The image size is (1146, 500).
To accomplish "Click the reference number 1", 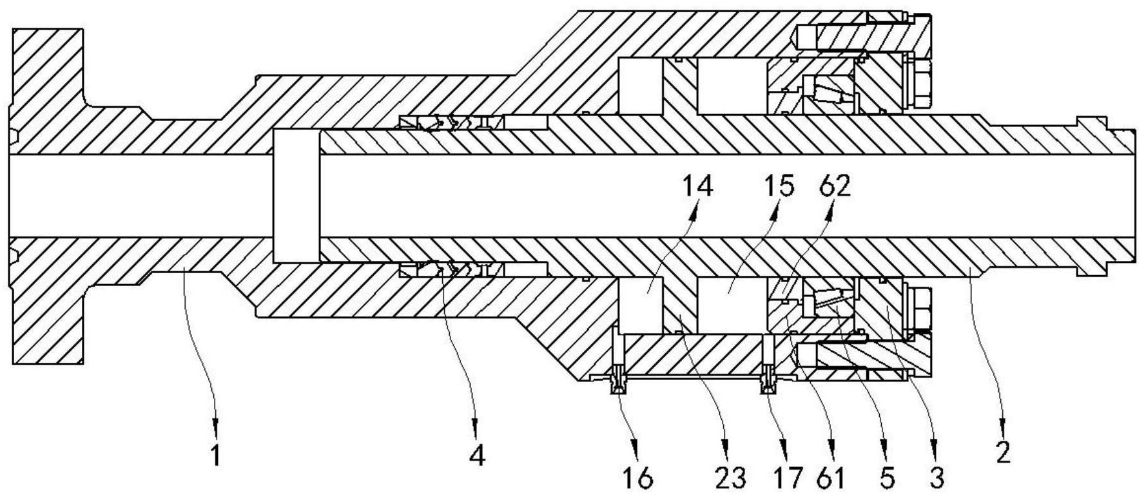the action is click(x=216, y=456).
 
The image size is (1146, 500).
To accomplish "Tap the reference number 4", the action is click(x=476, y=456).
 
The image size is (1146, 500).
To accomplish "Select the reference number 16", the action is click(x=638, y=478).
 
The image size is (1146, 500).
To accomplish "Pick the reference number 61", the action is click(x=831, y=478).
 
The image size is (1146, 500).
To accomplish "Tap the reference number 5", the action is click(x=887, y=478).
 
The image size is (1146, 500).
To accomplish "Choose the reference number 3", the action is click(x=937, y=478).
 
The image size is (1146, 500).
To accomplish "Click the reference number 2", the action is click(x=1003, y=454).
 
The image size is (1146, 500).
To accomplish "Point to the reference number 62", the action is click(x=834, y=186).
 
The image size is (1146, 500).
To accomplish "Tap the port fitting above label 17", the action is click(x=768, y=380).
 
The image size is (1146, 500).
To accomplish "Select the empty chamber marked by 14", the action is click(x=641, y=306).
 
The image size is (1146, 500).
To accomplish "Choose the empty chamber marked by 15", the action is click(x=732, y=306).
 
